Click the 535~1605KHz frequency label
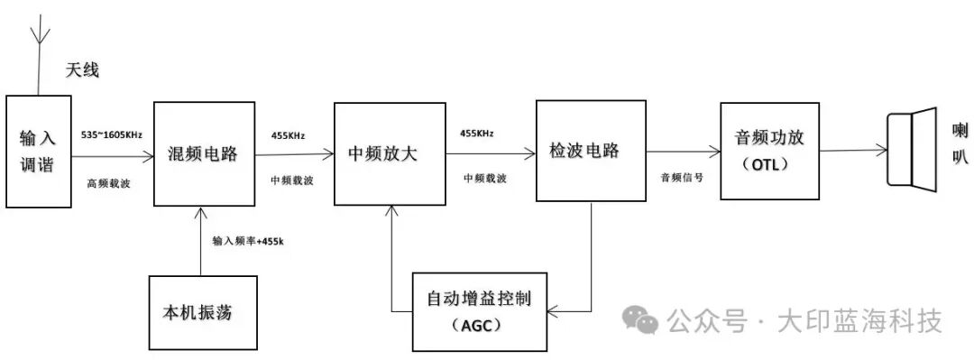pos(112,134)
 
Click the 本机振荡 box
pos(197,315)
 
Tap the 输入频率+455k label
pos(248,241)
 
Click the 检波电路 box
pos(583,151)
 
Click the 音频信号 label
pos(682,178)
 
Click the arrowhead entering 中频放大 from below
pos(391,211)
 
